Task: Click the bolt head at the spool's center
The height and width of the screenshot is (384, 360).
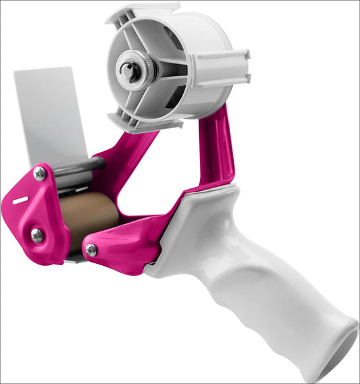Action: (128, 70)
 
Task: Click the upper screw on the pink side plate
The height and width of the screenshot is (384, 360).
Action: (40, 173)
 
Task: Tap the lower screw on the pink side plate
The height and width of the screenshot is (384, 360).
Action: (37, 236)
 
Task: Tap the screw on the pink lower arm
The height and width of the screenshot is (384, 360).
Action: (91, 250)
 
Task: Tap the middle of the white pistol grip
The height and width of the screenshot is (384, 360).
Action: (270, 283)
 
